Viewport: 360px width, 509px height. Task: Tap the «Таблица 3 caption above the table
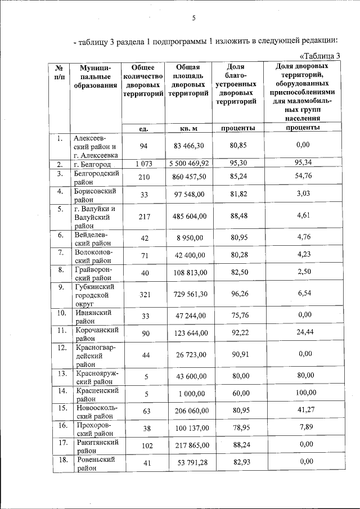tap(320, 55)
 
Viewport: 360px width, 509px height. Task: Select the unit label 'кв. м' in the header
tap(188, 128)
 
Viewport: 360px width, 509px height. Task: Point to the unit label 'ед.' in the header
tap(143, 128)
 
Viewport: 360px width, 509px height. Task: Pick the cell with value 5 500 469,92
tap(188, 164)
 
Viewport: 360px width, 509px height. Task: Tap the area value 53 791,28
tap(188, 462)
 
